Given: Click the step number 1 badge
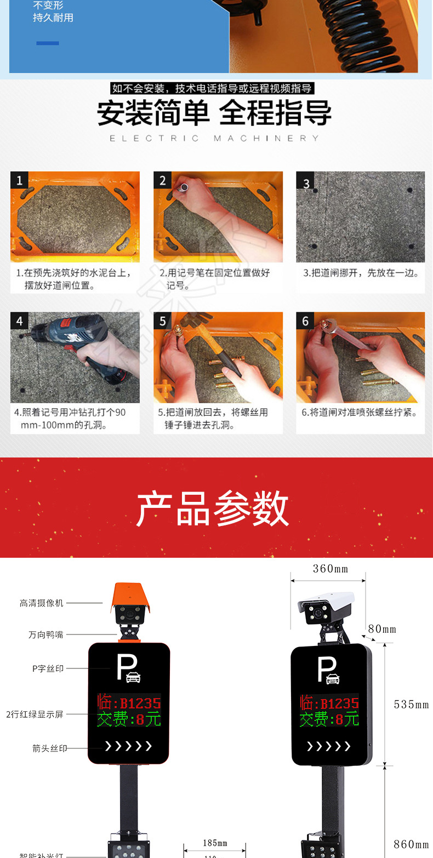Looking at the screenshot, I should point(19,180).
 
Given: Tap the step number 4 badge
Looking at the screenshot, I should point(19,321).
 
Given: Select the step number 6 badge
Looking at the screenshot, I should point(305,321).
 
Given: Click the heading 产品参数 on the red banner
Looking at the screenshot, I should point(213,508).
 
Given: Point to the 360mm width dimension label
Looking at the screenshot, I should point(330,569).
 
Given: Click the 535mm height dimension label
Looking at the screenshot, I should point(411,705).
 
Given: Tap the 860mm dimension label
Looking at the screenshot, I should point(411,844).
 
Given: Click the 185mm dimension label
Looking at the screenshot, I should point(215,843).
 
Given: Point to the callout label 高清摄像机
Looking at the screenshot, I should point(42,603).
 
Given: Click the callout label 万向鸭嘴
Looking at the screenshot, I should point(46,634).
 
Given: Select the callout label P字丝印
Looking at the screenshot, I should point(48,668).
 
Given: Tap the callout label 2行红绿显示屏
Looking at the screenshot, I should point(35,714).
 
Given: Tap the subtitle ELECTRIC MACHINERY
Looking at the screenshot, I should point(214,139).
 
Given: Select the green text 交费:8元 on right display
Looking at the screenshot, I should point(329,719).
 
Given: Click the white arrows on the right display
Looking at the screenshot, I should point(328,746).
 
